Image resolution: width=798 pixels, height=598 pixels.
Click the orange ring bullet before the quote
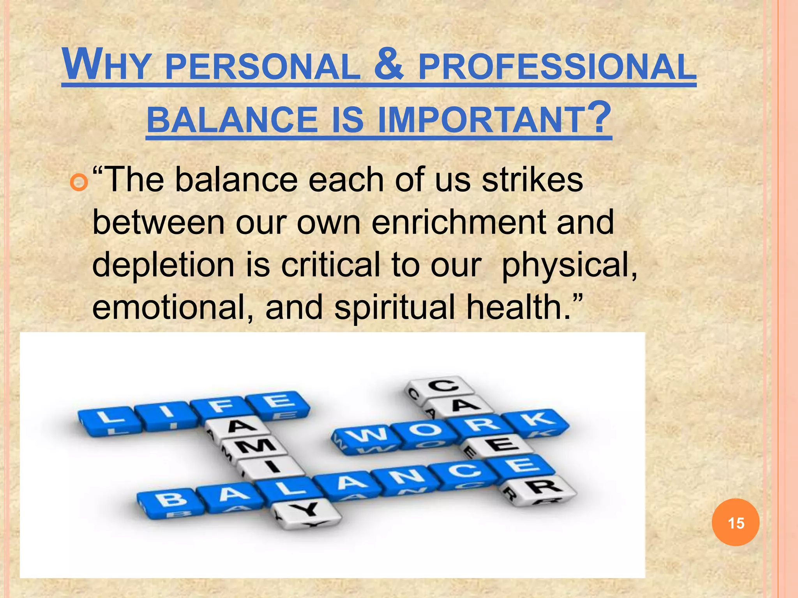79,182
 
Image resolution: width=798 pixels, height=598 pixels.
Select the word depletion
163,265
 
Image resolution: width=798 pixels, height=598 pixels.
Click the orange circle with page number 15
736,522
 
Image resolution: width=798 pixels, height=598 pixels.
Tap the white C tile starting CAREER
443,386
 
